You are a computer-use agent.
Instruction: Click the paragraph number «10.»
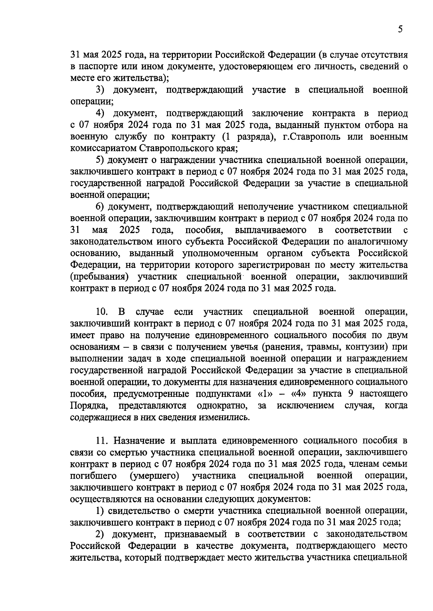tap(102, 312)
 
